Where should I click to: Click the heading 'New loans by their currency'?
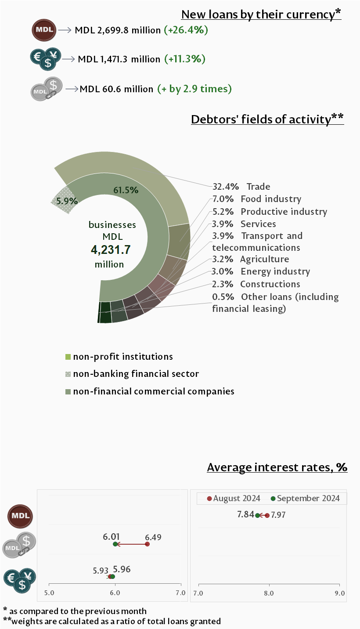(261, 14)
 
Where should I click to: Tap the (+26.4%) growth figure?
(186, 30)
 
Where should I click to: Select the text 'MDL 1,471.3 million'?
(119, 59)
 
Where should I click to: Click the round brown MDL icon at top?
(44, 30)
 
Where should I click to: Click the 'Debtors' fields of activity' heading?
(267, 119)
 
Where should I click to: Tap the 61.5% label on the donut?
(126, 190)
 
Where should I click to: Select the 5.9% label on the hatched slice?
(67, 201)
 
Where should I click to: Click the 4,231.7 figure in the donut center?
(111, 250)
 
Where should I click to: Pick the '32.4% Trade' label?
(241, 187)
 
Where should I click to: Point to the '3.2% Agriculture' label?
(250, 259)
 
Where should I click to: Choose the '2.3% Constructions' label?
(256, 284)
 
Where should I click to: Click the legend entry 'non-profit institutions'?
(123, 357)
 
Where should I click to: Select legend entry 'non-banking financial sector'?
(136, 374)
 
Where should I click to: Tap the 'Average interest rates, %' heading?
(277, 467)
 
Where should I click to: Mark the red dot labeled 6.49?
(147, 544)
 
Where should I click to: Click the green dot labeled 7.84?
(258, 515)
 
